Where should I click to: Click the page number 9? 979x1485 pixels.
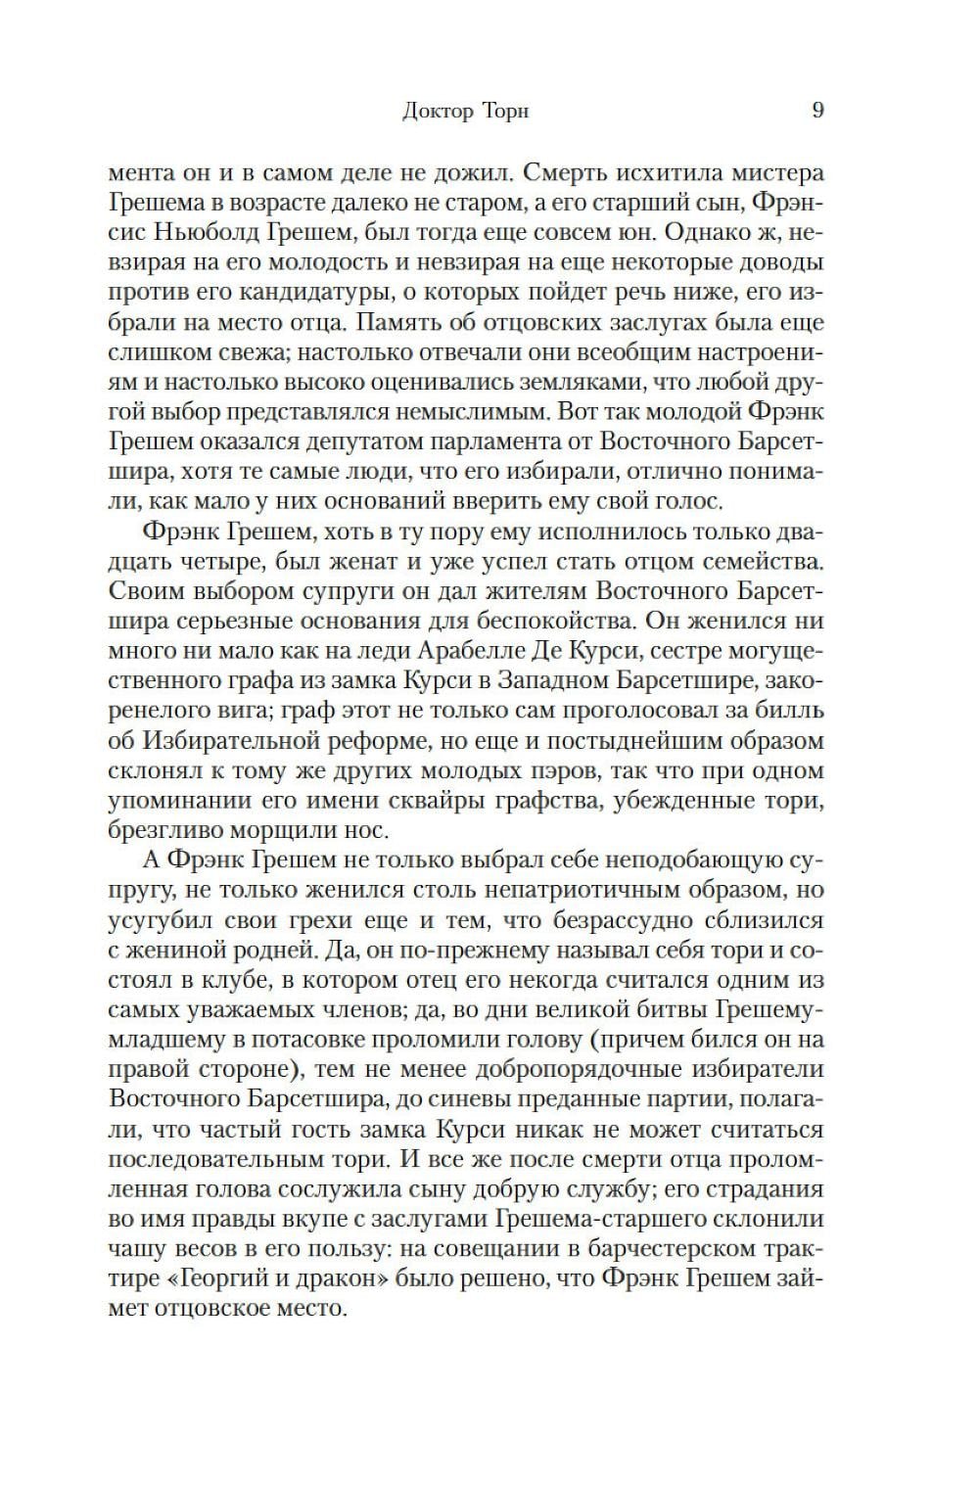point(817,110)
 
